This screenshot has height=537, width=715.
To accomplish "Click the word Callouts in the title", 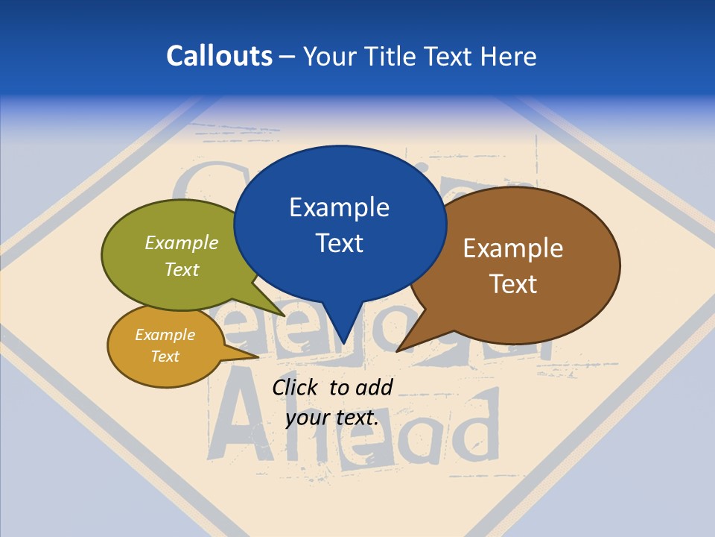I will [219, 56].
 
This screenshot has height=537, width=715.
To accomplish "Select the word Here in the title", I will [509, 56].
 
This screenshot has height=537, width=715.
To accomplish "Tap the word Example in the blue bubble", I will [339, 207].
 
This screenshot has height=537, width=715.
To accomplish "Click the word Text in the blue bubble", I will [339, 242].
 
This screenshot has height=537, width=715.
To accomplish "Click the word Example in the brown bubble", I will [513, 248].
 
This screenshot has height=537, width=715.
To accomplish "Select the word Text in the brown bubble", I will [513, 283].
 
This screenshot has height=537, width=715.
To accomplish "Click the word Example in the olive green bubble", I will [182, 242].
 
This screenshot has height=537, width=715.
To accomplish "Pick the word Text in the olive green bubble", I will [182, 269].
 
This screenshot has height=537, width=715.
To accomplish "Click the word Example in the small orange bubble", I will [165, 335].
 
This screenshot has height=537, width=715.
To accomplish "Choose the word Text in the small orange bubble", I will [165, 357].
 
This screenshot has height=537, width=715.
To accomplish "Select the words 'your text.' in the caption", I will [332, 418].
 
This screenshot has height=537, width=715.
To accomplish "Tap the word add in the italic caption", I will [374, 387].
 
